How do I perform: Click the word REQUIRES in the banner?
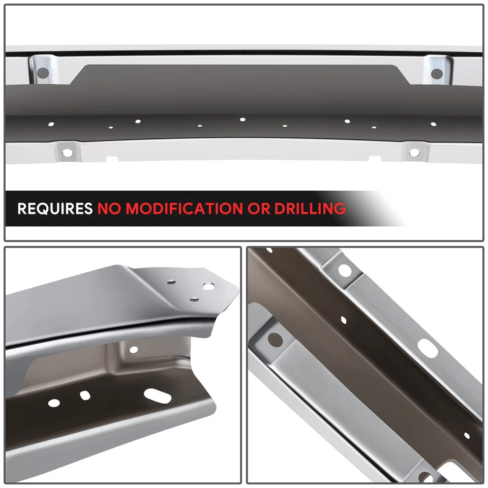click(55, 208)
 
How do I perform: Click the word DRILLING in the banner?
click(311, 208)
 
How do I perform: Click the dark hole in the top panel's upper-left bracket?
click(43, 73)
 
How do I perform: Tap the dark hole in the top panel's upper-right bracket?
click(437, 74)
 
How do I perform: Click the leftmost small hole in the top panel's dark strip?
click(50, 124)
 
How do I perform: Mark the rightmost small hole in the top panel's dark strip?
click(433, 124)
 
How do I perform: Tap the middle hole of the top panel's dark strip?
click(242, 119)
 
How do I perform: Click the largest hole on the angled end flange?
click(208, 287)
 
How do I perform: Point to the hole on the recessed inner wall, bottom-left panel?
click(133, 350)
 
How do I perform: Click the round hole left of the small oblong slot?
click(54, 403)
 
